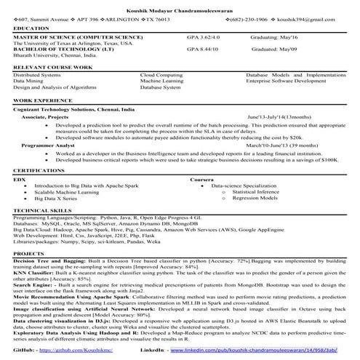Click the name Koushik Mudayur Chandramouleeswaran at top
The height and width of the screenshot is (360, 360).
[x=180, y=4]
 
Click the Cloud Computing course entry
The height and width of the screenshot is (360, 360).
[x=162, y=74]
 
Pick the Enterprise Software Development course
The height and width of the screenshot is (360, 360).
[x=289, y=81]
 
